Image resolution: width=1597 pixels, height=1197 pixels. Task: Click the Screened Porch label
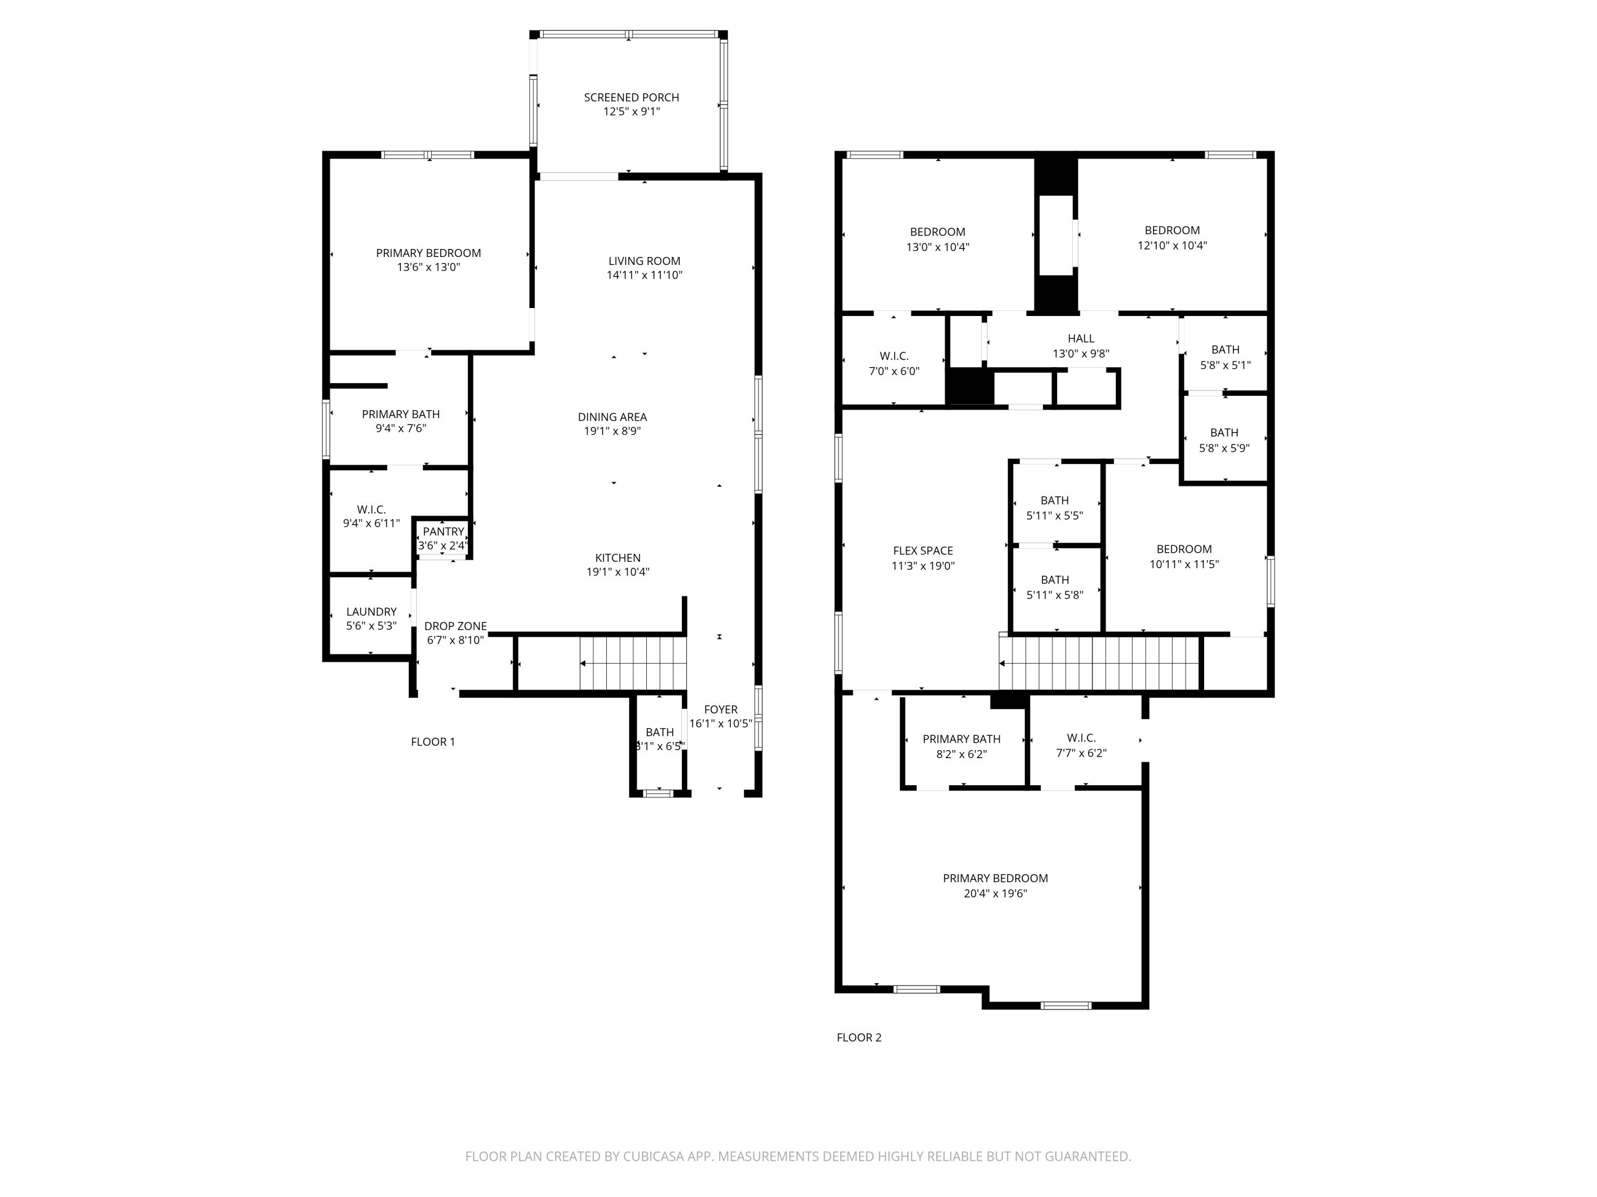[x=631, y=97]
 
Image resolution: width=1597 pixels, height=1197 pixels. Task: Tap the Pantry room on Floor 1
[x=443, y=538]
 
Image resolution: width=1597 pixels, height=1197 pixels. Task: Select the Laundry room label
[x=371, y=612]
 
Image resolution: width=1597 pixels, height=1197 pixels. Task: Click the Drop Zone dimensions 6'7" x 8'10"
[x=456, y=640]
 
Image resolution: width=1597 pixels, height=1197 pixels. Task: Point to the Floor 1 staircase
[x=632, y=663]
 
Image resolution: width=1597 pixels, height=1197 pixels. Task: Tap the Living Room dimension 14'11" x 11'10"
[x=644, y=275]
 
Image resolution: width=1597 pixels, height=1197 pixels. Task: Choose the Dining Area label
[x=612, y=417]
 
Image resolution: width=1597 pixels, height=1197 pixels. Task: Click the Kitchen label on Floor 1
[x=618, y=558]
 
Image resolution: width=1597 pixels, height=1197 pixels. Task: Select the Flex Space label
[x=923, y=551]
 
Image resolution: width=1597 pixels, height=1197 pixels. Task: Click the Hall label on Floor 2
[x=1081, y=338]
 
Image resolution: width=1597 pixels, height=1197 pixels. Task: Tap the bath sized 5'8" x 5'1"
[x=1225, y=357]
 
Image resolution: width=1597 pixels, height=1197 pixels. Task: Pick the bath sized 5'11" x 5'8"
[x=1055, y=587]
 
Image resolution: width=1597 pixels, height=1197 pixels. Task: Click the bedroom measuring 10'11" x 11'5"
[x=1184, y=556]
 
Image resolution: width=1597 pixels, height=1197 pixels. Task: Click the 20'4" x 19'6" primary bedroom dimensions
[x=995, y=893]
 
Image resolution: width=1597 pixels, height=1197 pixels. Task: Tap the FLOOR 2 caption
[x=859, y=1037]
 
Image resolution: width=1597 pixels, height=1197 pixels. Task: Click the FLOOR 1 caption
[x=432, y=742]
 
